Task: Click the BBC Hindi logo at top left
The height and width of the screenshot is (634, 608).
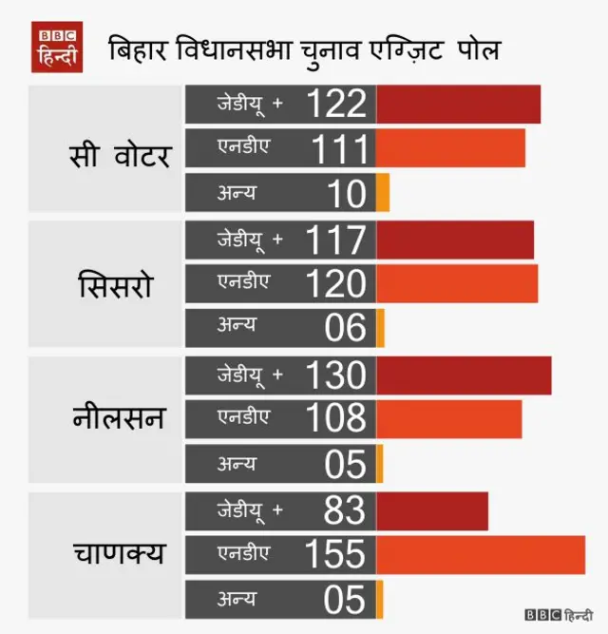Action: [x=59, y=47]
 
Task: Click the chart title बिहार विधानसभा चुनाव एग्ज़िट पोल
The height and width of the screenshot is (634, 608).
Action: [x=303, y=49]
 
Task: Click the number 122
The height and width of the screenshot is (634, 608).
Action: [x=336, y=104]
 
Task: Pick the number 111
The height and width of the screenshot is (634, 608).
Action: [x=339, y=148]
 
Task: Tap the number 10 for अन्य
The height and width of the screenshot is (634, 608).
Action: [x=347, y=193]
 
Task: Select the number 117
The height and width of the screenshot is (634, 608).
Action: [x=336, y=240]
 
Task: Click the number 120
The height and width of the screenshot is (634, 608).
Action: [x=336, y=284]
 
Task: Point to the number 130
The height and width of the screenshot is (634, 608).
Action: [x=336, y=375]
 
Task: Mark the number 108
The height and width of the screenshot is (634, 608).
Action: [x=336, y=419]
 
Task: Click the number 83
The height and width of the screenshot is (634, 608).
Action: [x=344, y=511]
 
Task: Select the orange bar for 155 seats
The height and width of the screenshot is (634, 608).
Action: [x=481, y=555]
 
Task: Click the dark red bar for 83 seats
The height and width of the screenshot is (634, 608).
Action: [x=432, y=511]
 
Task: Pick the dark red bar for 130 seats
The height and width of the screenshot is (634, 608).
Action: [x=464, y=375]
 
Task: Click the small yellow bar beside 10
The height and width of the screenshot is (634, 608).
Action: [x=383, y=193]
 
